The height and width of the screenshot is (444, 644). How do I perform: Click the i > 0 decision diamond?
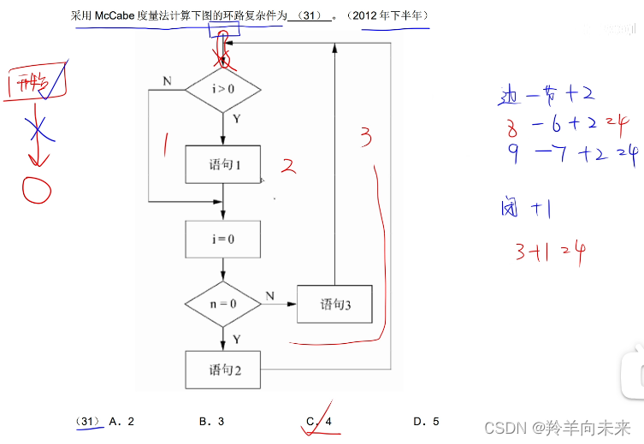(223, 89)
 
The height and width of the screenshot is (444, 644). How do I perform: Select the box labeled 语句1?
(223, 164)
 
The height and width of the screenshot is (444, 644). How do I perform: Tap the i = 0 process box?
(223, 240)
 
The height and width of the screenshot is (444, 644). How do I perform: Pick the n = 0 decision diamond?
(223, 304)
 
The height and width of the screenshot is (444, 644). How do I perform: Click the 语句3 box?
(334, 304)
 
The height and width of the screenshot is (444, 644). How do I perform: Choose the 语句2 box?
(223, 370)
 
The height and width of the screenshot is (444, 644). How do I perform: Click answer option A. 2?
(121, 421)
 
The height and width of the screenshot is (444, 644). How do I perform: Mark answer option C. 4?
(319, 421)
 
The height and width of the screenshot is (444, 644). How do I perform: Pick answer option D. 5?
(425, 421)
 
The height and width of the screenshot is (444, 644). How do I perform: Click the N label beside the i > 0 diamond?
(167, 81)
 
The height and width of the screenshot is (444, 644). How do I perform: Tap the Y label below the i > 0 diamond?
(236, 120)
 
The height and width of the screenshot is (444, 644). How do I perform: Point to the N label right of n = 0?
(269, 295)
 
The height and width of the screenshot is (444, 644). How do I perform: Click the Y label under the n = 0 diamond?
(236, 340)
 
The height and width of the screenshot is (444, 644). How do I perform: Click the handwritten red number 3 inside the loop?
(365, 136)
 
